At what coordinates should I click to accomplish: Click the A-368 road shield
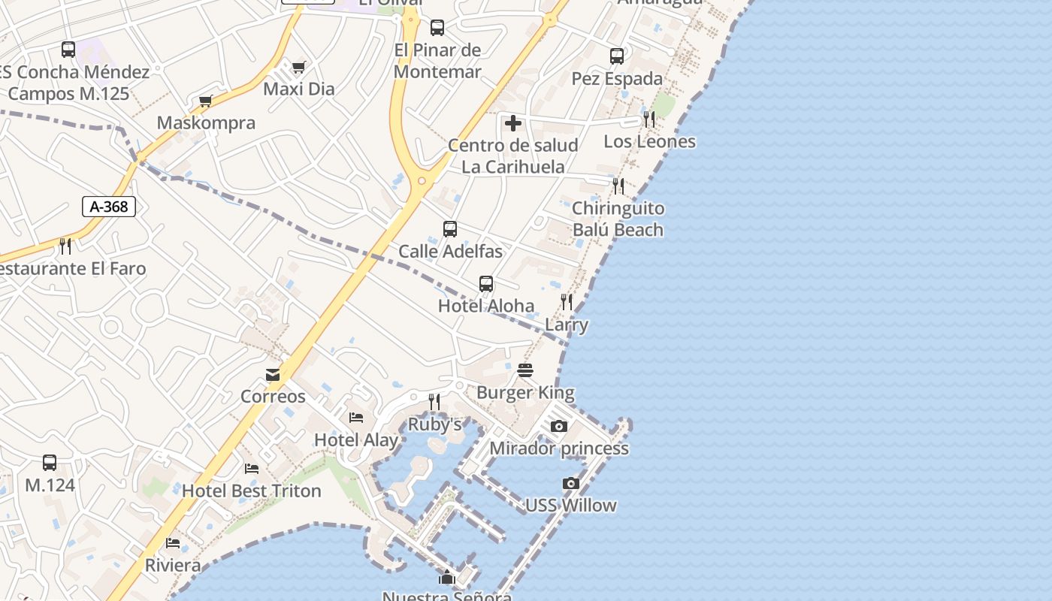109,207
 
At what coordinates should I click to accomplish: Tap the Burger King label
525,392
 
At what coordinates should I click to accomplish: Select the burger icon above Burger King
524,370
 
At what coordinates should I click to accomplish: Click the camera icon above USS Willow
571,483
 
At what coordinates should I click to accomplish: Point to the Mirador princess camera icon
558,426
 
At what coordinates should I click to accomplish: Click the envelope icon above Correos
273,374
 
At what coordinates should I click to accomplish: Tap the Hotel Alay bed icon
356,418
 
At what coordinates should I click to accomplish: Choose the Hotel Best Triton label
252,491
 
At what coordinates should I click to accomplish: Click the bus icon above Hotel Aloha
486,284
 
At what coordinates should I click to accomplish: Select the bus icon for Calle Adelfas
450,229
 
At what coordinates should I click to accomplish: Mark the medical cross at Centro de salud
513,122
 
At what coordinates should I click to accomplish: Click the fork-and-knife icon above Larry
567,302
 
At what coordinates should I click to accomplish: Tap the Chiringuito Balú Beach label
618,219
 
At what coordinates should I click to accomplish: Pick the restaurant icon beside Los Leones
649,119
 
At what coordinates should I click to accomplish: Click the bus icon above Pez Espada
617,56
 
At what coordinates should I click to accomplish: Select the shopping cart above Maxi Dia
298,68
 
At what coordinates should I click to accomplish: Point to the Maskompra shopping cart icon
205,101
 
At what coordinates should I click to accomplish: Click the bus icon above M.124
50,463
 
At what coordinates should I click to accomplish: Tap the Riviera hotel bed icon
173,543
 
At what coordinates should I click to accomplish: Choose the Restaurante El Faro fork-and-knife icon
65,246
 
